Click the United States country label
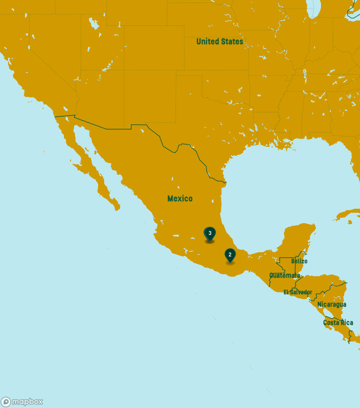coord(219,41)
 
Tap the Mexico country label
coord(179,199)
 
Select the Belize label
coord(299,261)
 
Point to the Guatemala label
coord(284,276)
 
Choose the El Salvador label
coord(297,292)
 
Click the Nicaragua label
coord(331,305)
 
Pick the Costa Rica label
coord(338,323)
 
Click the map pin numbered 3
coord(210,234)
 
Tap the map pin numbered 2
coord(230,255)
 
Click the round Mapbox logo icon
coord(6,402)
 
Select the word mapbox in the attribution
coord(27,402)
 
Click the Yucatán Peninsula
coord(297,240)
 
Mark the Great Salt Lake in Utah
coord(93,23)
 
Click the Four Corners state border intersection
coord(124,70)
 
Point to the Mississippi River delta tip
coord(291,147)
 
